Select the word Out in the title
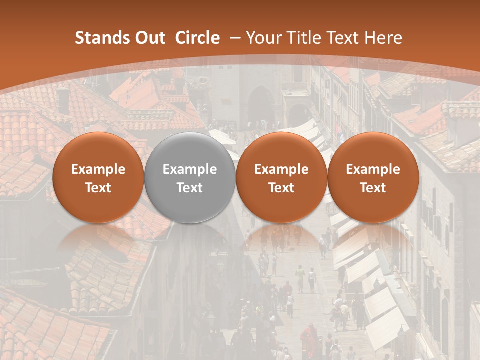click(x=148, y=38)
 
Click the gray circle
click(x=190, y=178)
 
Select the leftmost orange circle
click(x=98, y=178)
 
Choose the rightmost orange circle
click(x=373, y=178)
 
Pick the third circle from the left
click(x=281, y=178)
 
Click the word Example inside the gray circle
click(x=190, y=169)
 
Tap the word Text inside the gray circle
click(x=190, y=188)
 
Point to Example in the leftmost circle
click(x=98, y=169)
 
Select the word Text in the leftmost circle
click(x=98, y=188)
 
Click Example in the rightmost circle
click(x=373, y=169)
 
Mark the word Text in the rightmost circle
click(x=373, y=188)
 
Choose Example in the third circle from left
click(x=281, y=169)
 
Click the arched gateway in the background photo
click(x=261, y=105)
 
